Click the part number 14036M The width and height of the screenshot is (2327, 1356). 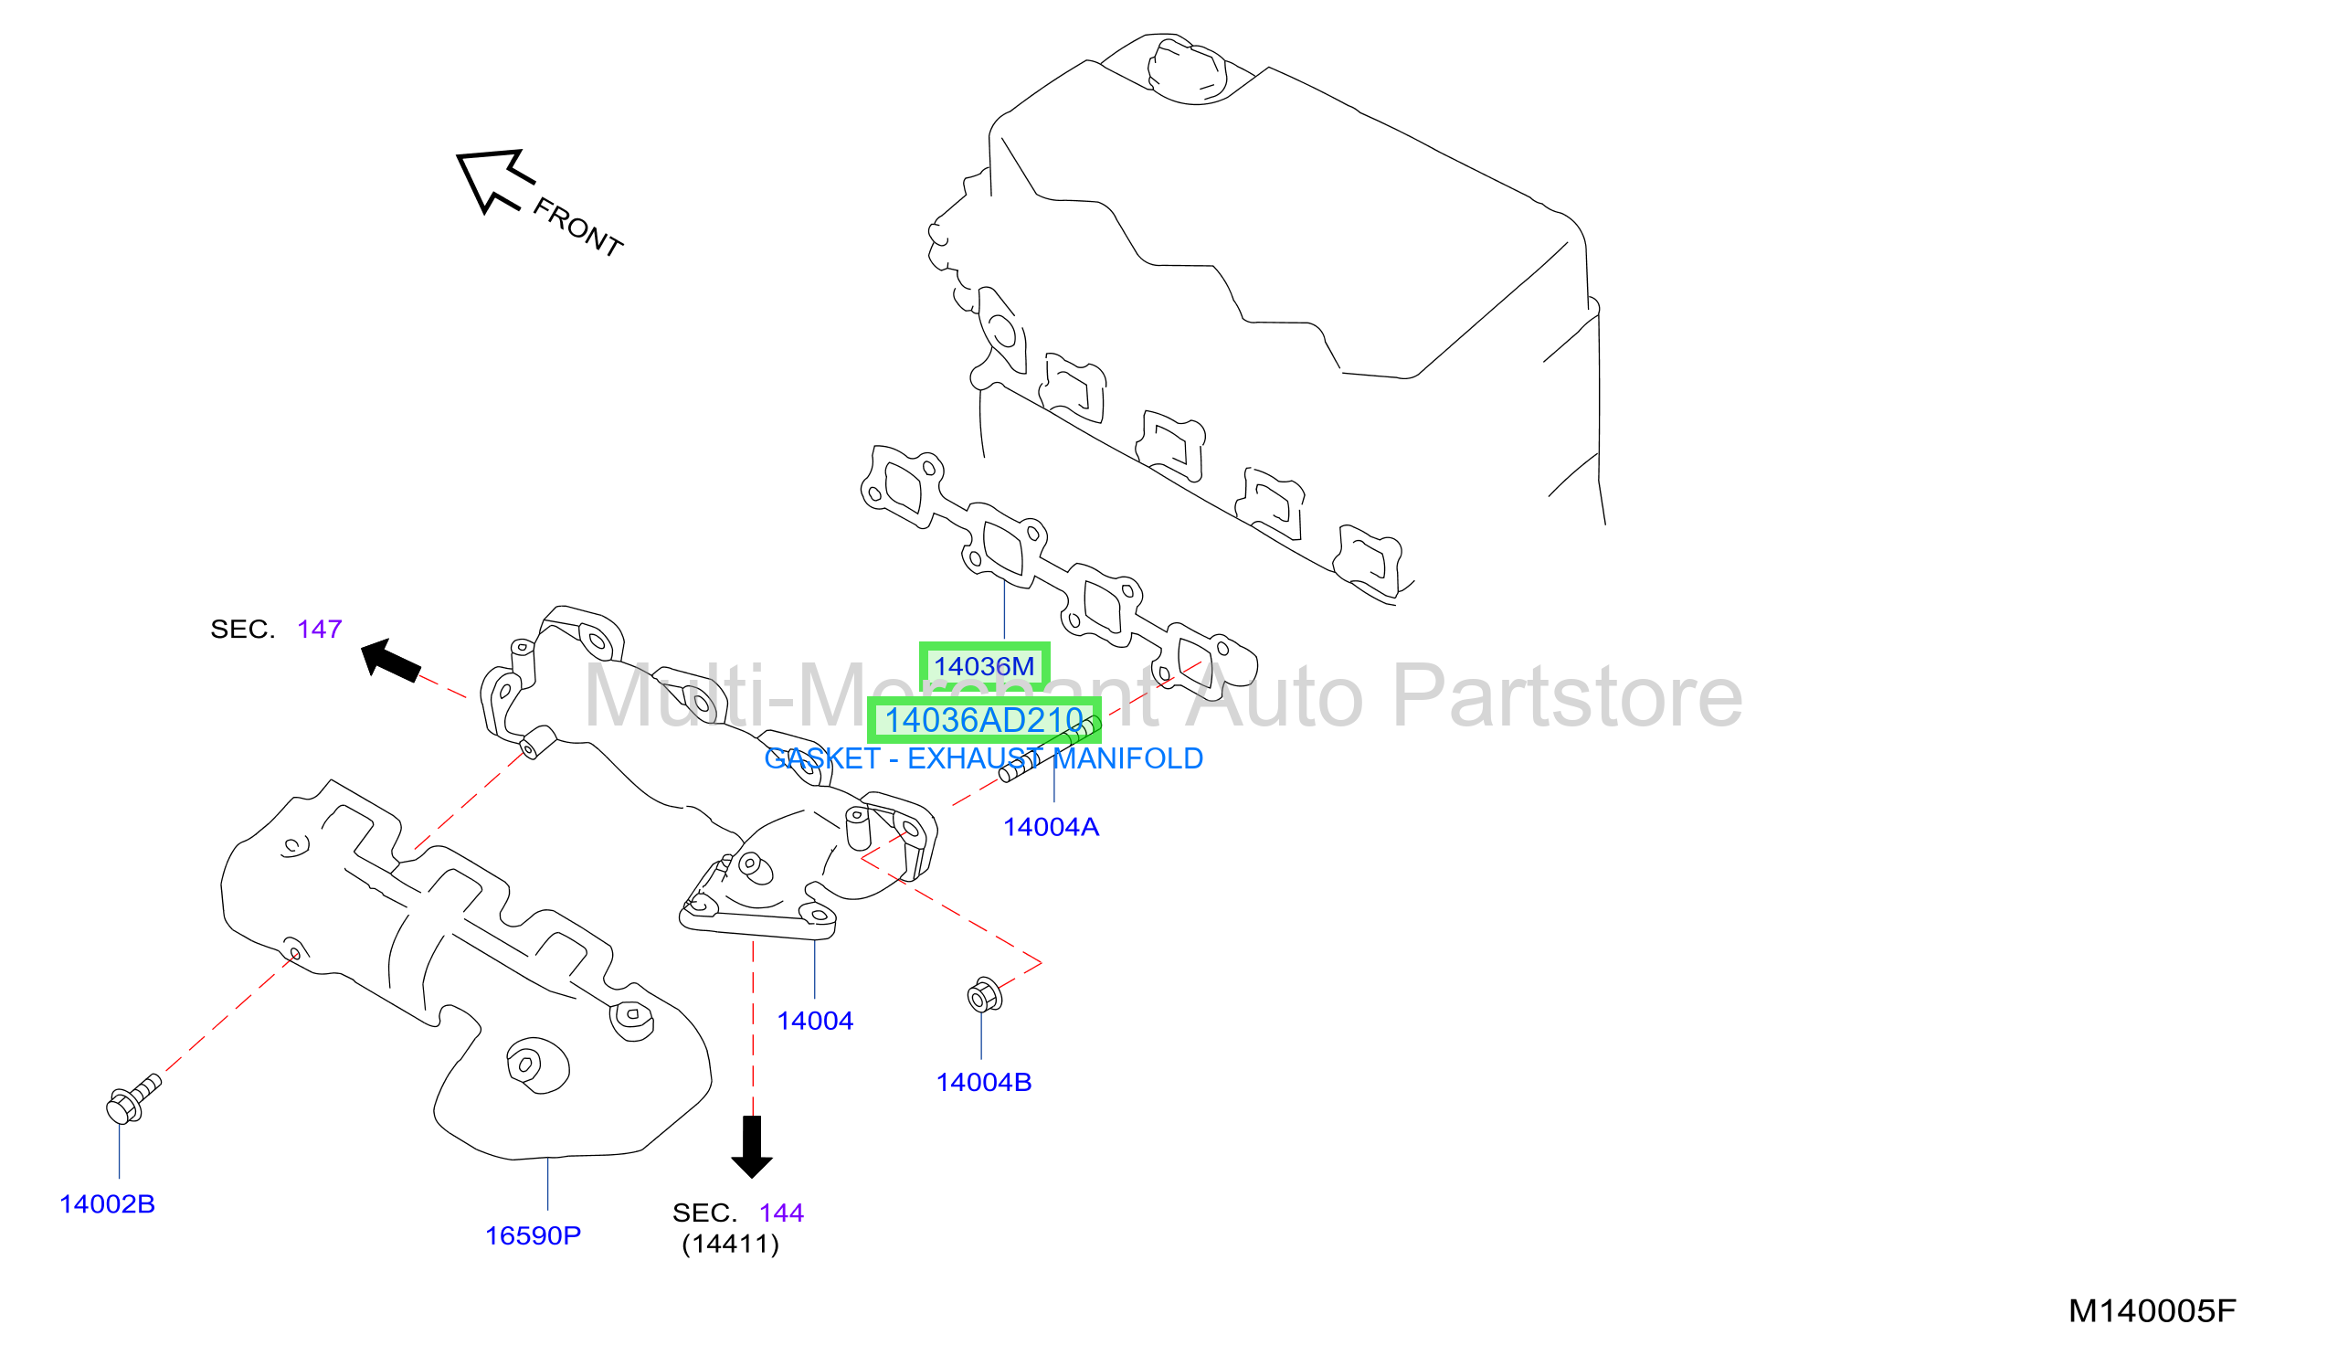point(984,666)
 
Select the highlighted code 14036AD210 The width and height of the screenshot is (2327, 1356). point(984,721)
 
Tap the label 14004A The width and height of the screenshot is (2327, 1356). point(1052,828)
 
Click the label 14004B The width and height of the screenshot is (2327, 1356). point(984,1083)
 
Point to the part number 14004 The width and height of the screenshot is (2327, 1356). point(815,1022)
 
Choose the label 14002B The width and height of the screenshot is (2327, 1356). point(107,1204)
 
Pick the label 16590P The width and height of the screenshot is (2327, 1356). point(534,1236)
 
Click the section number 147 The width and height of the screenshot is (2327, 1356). point(320,630)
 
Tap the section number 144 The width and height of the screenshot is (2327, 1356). point(782,1213)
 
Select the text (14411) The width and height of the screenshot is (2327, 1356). point(731,1245)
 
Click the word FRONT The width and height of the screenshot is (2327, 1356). point(578,228)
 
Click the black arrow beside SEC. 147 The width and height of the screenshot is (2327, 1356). point(391,662)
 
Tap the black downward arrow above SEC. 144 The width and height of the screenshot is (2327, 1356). point(753,1148)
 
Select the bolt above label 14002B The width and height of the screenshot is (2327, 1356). point(134,1100)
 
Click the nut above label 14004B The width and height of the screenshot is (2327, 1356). point(984,996)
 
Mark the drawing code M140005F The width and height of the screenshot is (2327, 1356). point(2152,1311)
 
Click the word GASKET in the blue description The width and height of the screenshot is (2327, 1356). point(823,759)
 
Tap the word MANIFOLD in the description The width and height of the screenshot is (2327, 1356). point(1128,759)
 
